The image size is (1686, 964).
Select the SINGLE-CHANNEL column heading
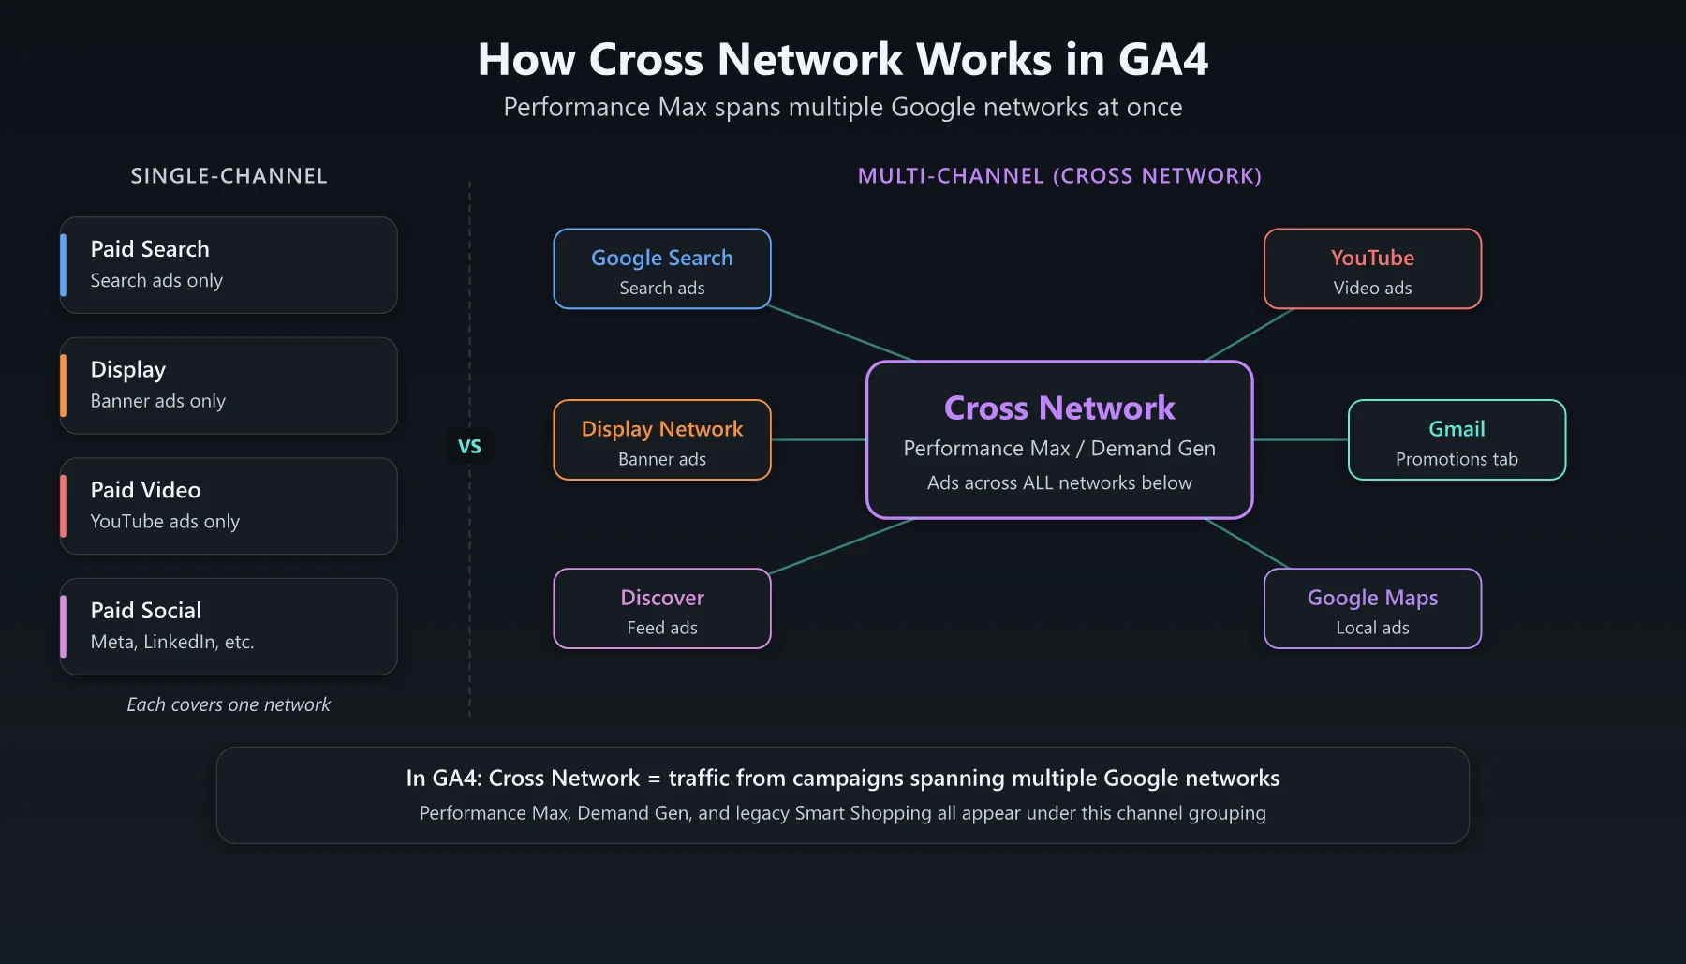[229, 176]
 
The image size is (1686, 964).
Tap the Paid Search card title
[150, 249]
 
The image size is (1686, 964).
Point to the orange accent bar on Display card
[64, 386]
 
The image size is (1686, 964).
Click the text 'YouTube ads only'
[165, 522]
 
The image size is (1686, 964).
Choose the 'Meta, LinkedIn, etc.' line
[172, 642]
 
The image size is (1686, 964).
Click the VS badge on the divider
[469, 446]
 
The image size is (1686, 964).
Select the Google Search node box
[662, 270]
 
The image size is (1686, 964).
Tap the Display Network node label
[662, 429]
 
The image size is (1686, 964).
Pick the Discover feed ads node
[662, 609]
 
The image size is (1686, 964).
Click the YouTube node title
[1372, 258]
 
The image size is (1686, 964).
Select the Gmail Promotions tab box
[1457, 440]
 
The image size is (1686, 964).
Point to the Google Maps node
[1372, 609]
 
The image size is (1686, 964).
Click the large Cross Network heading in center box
[1059, 408]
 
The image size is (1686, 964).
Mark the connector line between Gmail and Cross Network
[1300, 439]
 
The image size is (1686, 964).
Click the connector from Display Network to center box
[819, 439]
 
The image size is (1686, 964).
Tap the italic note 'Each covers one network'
[229, 704]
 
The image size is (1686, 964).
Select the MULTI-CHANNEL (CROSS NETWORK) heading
[1059, 176]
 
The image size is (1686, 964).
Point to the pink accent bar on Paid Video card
[64, 506]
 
